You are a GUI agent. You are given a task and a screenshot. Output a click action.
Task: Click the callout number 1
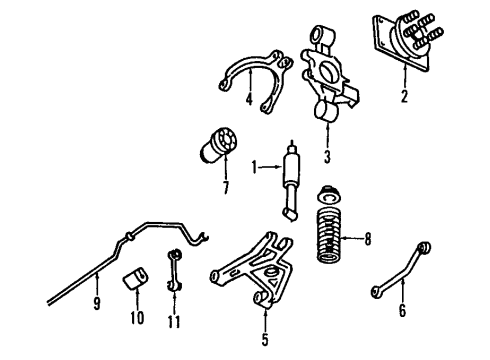tap(255, 165)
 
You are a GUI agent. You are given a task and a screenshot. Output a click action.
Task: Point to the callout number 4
tap(248, 99)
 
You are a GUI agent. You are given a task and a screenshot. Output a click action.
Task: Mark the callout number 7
tap(225, 186)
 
